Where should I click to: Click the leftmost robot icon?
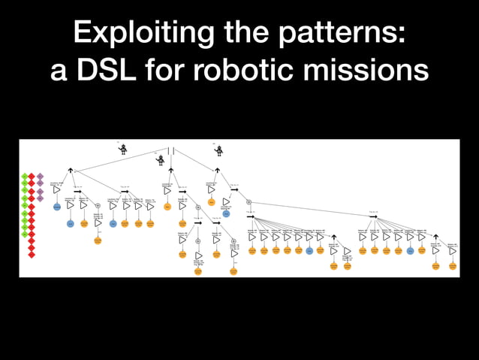pyautogui.click(x=123, y=149)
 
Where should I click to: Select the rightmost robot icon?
pyautogui.click(x=218, y=150)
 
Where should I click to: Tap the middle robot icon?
pyautogui.click(x=161, y=160)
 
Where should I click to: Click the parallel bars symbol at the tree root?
pyautogui.click(x=171, y=150)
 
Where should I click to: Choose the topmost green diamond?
pyautogui.click(x=24, y=177)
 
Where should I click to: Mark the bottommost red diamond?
pyautogui.click(x=32, y=255)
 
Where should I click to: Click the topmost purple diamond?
pyautogui.click(x=41, y=177)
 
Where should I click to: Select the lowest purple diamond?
pyautogui.click(x=41, y=198)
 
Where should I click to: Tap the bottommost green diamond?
pyautogui.click(x=24, y=234)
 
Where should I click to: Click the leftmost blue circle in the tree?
pyautogui.click(x=56, y=207)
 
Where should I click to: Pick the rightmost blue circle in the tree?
pyautogui.click(x=410, y=250)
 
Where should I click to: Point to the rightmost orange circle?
pyautogui.click(x=452, y=265)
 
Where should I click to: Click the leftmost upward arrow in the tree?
pyautogui.click(x=70, y=171)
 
